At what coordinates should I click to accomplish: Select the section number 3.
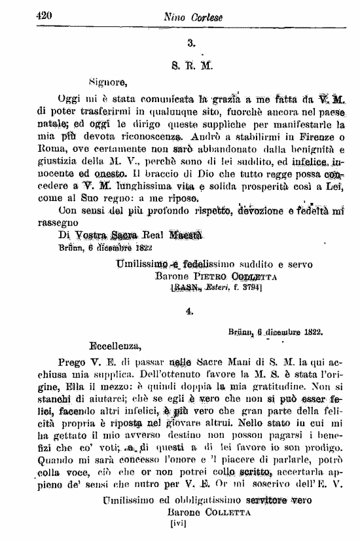pyautogui.click(x=191, y=45)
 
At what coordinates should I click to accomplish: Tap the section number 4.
pyautogui.click(x=190, y=314)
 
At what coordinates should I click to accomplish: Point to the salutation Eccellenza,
pyautogui.click(x=115, y=342)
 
